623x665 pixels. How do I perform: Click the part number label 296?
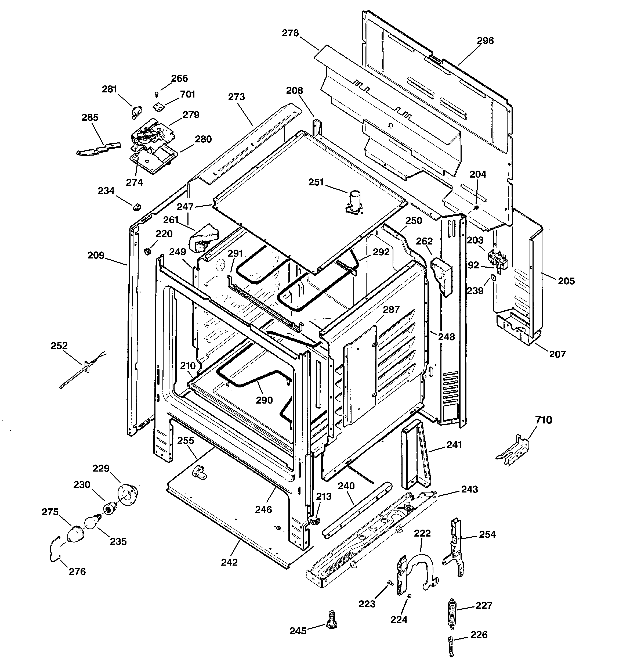(x=485, y=41)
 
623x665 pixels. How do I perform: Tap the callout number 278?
(x=290, y=33)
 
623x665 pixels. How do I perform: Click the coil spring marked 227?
(x=452, y=612)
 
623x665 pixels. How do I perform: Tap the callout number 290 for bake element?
(x=264, y=400)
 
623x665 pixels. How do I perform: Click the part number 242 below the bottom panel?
(x=229, y=562)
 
